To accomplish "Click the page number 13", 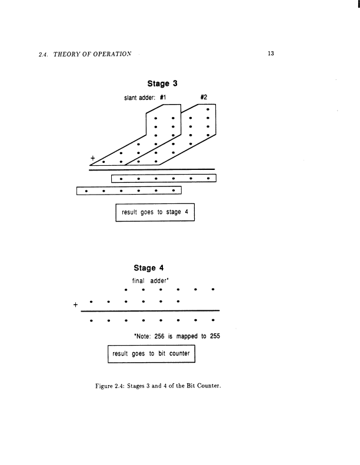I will pos(271,53).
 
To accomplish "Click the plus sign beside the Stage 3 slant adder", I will pos(92,157).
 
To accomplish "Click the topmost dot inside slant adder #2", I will pos(209,109).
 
